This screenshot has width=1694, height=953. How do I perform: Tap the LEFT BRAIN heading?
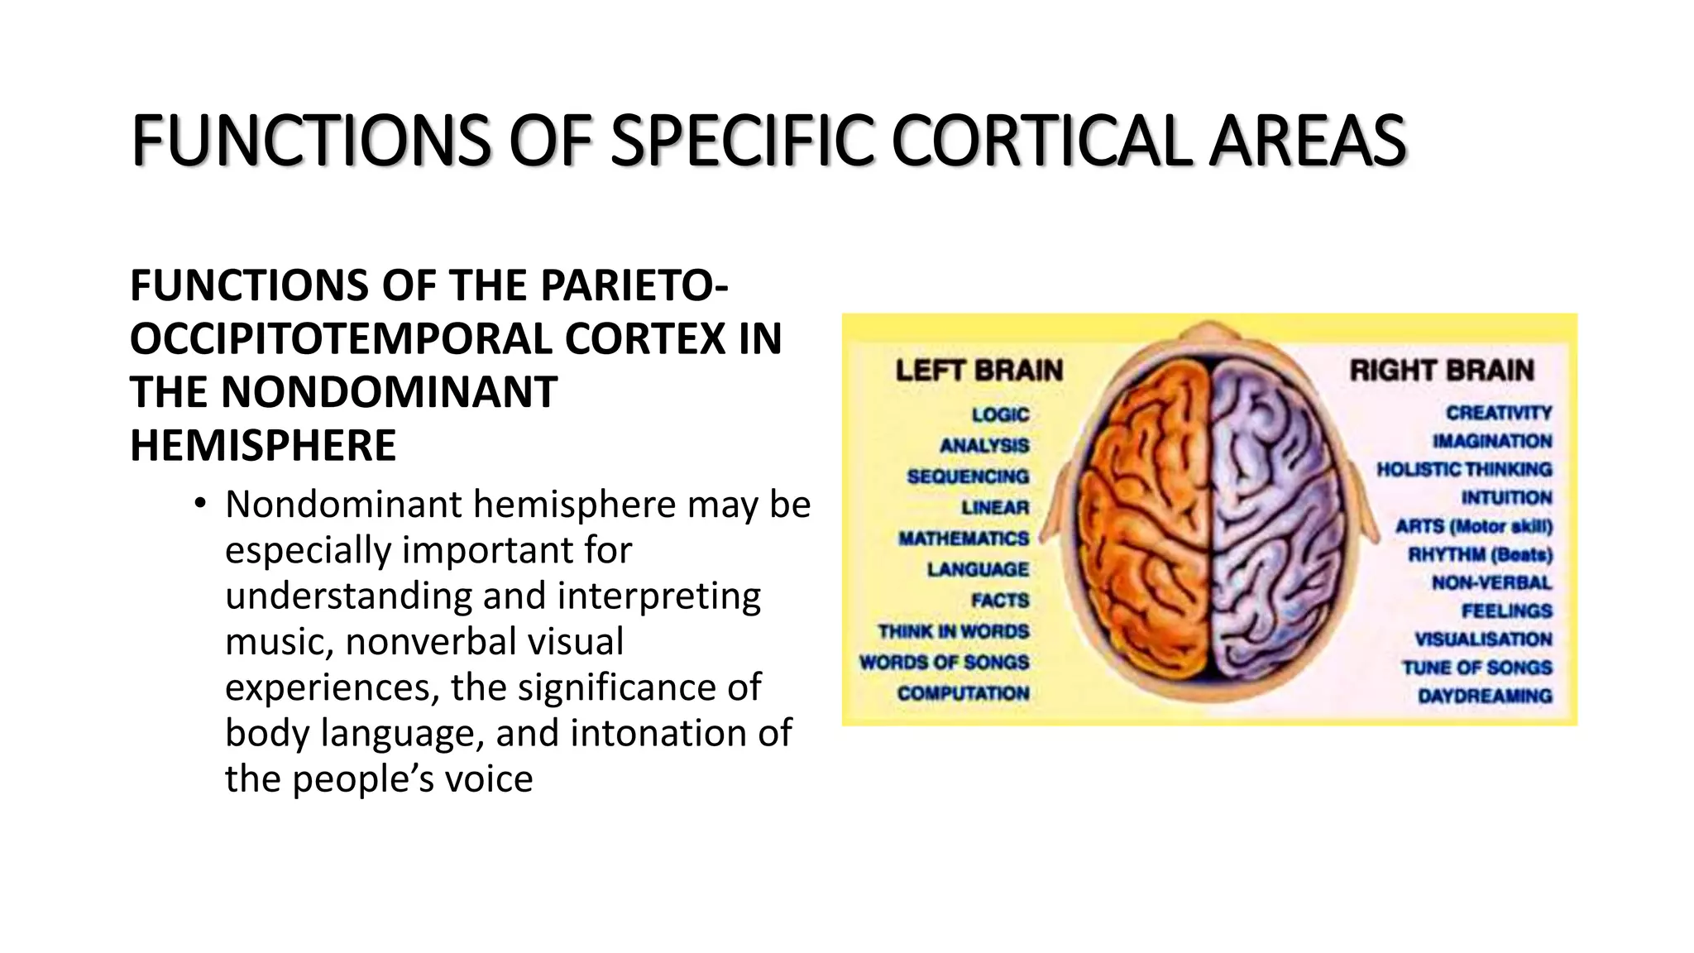(979, 370)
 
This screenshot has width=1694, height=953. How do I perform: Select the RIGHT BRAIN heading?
(1442, 370)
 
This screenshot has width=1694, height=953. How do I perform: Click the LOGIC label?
(1000, 414)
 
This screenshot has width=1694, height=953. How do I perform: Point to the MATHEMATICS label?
(964, 539)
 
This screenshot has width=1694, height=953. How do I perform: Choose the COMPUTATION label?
(963, 693)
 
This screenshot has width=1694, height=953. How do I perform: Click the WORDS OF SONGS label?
(944, 663)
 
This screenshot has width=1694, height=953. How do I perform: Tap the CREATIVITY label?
(1499, 412)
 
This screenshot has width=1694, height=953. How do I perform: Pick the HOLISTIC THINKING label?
(1464, 469)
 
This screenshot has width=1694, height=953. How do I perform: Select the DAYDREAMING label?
(1485, 696)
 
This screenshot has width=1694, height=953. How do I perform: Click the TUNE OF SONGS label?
(1476, 668)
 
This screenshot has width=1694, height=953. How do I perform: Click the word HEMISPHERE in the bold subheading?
(263, 446)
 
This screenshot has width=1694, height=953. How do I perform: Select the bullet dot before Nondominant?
(199, 503)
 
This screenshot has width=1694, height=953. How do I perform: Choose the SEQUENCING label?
(968, 476)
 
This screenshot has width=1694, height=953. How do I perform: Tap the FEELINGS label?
(1506, 611)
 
